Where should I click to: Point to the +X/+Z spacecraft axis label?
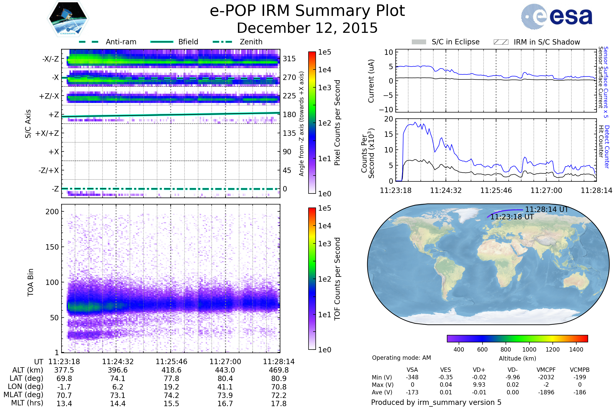tap(47, 133)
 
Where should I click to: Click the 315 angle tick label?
tap(289, 59)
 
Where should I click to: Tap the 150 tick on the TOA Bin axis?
tap(52, 247)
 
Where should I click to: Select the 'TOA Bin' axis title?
tap(30, 282)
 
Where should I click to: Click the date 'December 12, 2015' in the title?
tap(307, 28)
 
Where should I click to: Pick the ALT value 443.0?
tap(225, 370)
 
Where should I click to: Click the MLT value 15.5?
tap(171, 403)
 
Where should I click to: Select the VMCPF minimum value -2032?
tap(546, 377)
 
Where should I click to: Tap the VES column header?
tap(446, 370)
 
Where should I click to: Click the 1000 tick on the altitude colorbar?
tap(529, 350)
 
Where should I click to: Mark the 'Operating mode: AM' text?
tap(401, 358)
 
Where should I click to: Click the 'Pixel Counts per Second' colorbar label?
tap(337, 123)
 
